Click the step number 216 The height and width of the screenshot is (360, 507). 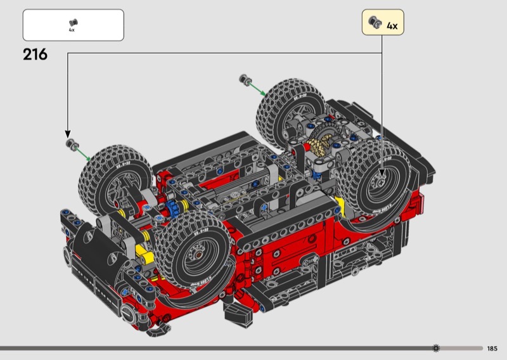(35, 55)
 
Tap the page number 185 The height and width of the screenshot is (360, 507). (492, 349)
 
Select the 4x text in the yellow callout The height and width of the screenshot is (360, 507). (392, 26)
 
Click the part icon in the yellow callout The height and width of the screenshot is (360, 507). (375, 22)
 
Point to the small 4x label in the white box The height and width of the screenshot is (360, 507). (72, 30)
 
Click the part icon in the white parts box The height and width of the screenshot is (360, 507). (74, 23)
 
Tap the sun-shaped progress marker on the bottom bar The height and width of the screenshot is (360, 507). (436, 348)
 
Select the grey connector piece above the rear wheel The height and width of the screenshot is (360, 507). (245, 79)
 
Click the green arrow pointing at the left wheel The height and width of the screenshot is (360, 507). (84, 154)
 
